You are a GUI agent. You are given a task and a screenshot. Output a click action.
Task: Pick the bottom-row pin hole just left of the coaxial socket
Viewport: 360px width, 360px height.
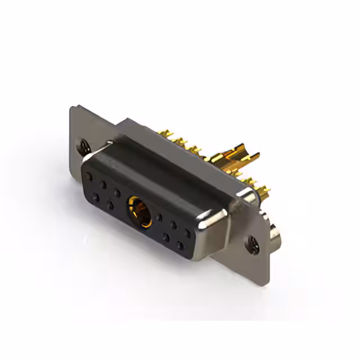tap(111, 206)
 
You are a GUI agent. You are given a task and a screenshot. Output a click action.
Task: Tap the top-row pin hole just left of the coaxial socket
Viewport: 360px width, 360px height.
tap(117, 192)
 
